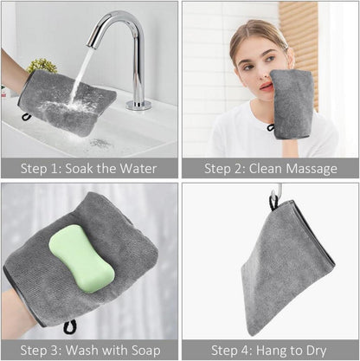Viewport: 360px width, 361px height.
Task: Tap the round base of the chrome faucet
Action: pyautogui.click(x=138, y=105)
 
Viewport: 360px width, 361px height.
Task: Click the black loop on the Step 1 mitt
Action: pyautogui.click(x=26, y=117)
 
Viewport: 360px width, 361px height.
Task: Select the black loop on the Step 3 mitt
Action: pyautogui.click(x=70, y=326)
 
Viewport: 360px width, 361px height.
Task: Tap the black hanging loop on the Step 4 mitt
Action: pyautogui.click(x=273, y=201)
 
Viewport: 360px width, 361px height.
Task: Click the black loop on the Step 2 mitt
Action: pyautogui.click(x=271, y=127)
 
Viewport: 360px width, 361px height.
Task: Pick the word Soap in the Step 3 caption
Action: pyautogui.click(x=146, y=351)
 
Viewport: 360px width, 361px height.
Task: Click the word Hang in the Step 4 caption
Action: pyautogui.click(x=271, y=351)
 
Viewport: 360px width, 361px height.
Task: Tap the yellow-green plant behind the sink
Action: pyautogui.click(x=42, y=66)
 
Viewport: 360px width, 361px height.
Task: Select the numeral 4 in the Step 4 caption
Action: pyautogui.click(x=245, y=351)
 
